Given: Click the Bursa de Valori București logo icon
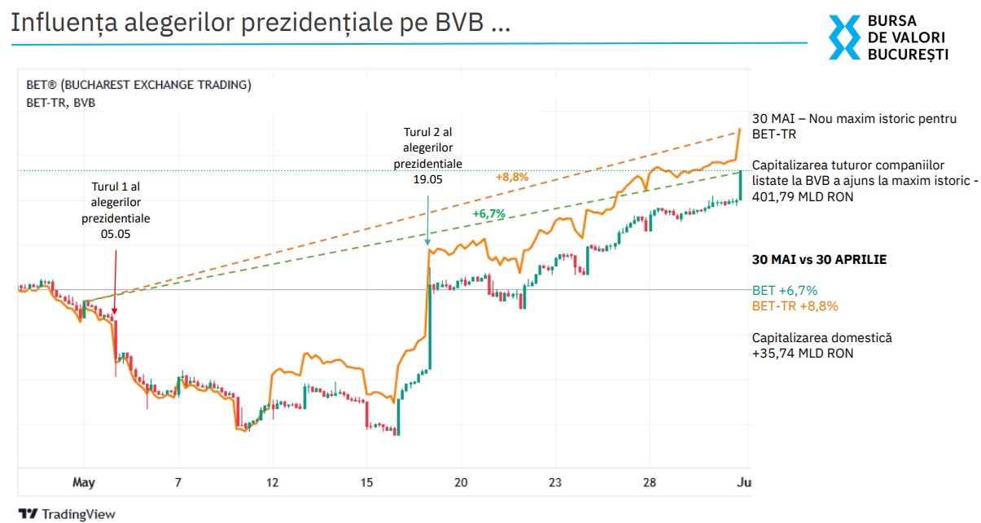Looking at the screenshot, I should [x=844, y=37].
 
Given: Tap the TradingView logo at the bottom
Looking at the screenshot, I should [x=68, y=514].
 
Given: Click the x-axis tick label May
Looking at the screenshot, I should [x=84, y=482].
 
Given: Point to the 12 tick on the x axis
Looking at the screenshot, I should [x=272, y=482].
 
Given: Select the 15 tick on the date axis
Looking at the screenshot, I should [x=366, y=482].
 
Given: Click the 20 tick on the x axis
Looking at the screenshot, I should [x=461, y=482].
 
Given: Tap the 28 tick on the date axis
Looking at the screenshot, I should [x=649, y=482].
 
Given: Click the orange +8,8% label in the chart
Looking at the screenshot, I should [x=512, y=176].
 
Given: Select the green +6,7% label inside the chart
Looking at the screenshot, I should [x=489, y=213].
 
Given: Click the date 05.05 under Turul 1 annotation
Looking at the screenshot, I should [x=116, y=234].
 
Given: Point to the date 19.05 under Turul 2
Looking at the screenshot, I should [x=428, y=179].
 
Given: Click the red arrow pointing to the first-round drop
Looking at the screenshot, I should [x=115, y=281].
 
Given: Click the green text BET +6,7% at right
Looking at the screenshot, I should [x=785, y=290].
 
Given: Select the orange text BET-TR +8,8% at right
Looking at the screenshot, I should [x=795, y=306].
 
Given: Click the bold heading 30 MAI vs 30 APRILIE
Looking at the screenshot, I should [x=819, y=260].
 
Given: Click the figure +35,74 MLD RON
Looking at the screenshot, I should [x=803, y=354].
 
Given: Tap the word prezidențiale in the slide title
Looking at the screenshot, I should [x=317, y=24].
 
